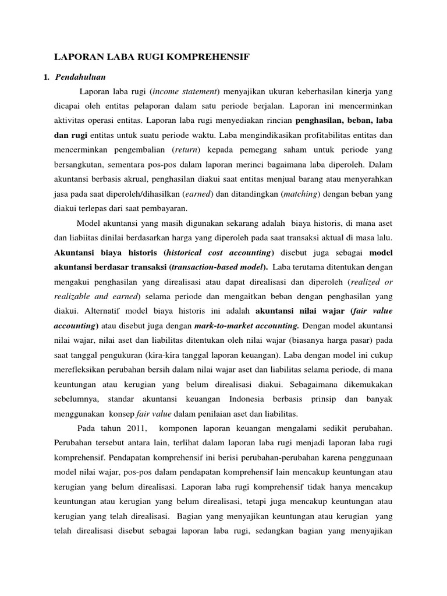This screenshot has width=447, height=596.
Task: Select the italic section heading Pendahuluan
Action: [x=80, y=77]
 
